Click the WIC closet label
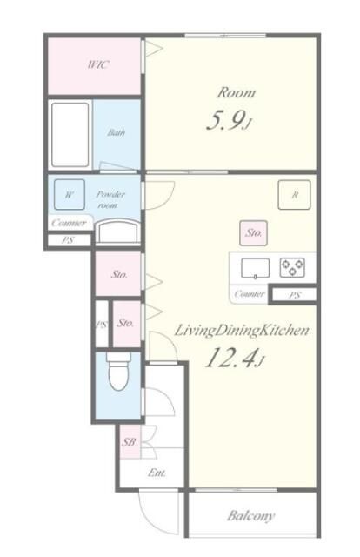pos(98,64)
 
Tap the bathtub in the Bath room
pos(70,135)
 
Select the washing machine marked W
pos(70,194)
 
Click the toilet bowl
pos(118,374)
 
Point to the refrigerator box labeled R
pos(294,195)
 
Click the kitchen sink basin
pos(255,268)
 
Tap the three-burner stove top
pos(292,267)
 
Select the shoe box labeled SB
pos(130,442)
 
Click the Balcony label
pos(250,515)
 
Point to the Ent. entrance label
pos(157,473)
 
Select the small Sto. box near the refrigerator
pos(254,233)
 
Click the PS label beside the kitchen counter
pos(294,295)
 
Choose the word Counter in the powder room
pos(69,223)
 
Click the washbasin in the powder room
pos(118,232)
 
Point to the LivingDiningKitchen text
pos(242,331)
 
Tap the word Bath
pos(117,133)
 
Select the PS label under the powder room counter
pos(68,240)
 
